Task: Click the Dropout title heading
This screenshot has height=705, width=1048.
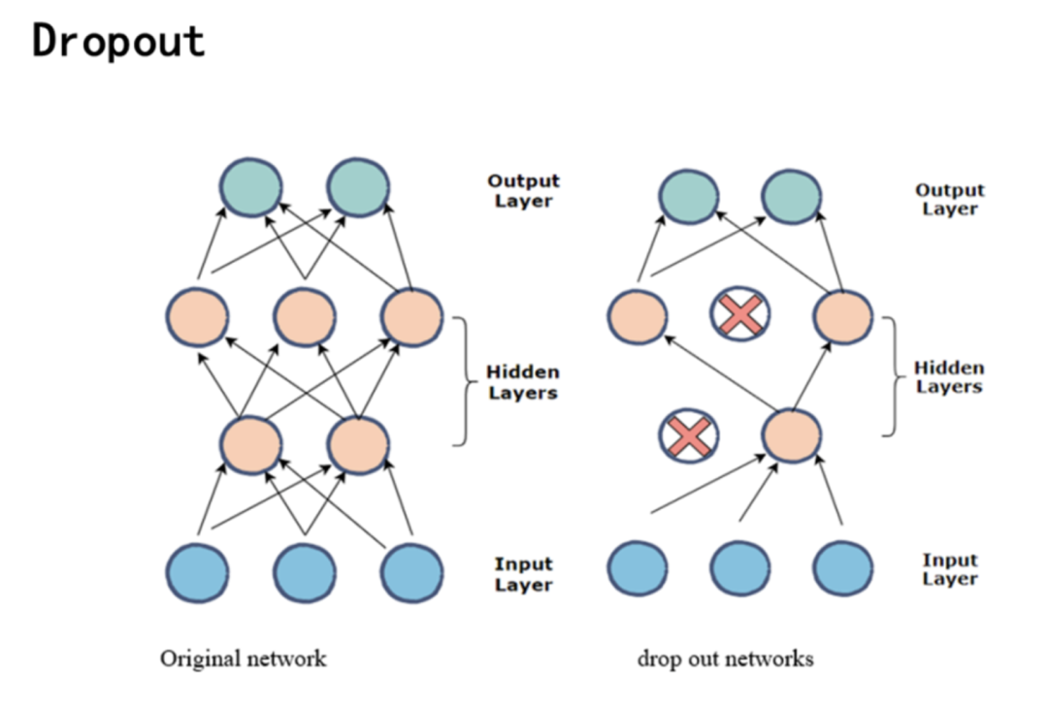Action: (118, 42)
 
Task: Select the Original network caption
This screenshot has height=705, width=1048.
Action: (244, 659)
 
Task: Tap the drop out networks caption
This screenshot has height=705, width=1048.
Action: (725, 659)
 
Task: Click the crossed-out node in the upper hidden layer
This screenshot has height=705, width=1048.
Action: (740, 314)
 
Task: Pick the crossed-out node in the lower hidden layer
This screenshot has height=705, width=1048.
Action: (689, 436)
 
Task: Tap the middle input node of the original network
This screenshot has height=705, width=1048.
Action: (305, 573)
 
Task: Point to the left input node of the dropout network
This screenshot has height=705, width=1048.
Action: (638, 567)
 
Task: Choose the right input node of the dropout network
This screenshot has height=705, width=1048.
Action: (842, 567)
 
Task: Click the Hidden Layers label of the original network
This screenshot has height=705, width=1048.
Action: (523, 383)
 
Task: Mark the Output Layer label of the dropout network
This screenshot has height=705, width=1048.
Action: (950, 199)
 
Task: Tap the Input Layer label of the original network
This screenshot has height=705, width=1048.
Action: (523, 574)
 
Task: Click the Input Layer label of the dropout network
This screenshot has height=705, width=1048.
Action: (950, 569)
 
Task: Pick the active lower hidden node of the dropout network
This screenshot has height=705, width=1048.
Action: (792, 436)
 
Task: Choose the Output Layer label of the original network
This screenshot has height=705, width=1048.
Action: (523, 191)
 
